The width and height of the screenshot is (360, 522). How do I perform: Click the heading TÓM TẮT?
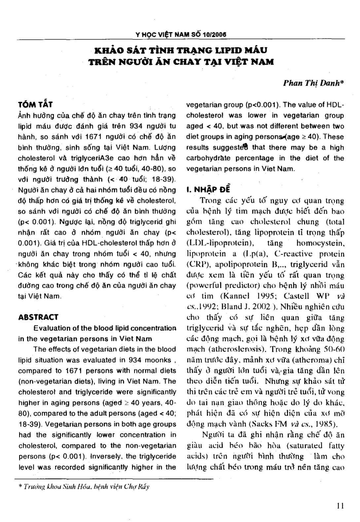click(x=35, y=105)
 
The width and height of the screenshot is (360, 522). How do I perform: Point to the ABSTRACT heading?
click(x=38, y=317)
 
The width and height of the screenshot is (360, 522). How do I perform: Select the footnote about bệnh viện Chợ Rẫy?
click(x=84, y=487)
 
